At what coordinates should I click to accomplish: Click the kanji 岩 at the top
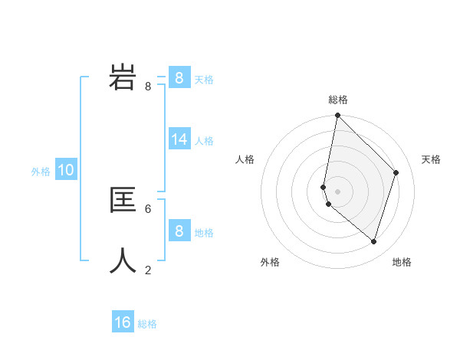[x=123, y=77]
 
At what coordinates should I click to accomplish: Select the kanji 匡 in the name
[x=123, y=200]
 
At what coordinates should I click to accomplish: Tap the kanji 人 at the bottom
[x=123, y=261]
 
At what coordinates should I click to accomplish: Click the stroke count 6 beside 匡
[x=148, y=208]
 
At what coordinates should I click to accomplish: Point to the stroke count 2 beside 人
[x=148, y=270]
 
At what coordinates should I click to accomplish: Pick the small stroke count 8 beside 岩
[x=148, y=87]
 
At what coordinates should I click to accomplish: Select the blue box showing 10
[x=66, y=170]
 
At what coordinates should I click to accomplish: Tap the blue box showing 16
[x=123, y=322]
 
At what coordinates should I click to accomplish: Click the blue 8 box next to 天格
[x=179, y=77]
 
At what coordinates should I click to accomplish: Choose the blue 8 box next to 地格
[x=179, y=231]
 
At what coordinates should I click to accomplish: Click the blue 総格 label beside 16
[x=147, y=324]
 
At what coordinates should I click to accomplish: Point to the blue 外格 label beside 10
[x=41, y=172]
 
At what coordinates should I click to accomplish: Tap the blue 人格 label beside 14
[x=204, y=141]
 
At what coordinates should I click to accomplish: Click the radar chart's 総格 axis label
[x=338, y=100]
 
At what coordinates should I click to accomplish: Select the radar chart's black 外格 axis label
[x=270, y=262]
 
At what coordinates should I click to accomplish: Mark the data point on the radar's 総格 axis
[x=338, y=116]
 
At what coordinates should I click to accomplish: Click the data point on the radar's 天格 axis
[x=396, y=172]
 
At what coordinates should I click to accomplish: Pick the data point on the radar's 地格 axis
[x=373, y=241]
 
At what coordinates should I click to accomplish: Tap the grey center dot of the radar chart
[x=338, y=191]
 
